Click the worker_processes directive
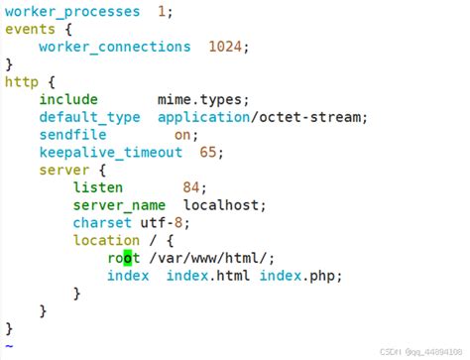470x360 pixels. coord(71,12)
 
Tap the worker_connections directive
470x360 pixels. coord(114,47)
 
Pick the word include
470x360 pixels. coord(68,99)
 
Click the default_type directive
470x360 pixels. coord(89,117)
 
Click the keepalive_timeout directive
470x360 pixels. coord(110,153)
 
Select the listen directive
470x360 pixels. coord(97,187)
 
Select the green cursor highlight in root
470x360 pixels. coord(127,258)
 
